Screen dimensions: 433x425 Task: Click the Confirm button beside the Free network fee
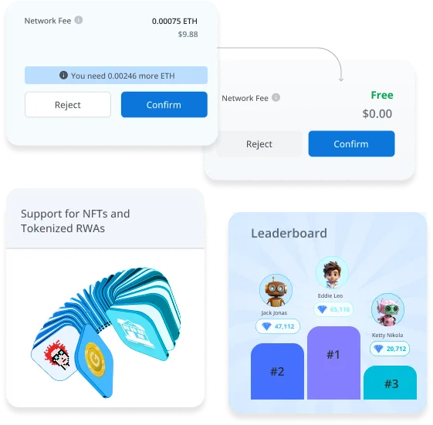pyautogui.click(x=351, y=143)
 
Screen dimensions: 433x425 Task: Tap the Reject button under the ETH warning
pyautogui.click(x=68, y=105)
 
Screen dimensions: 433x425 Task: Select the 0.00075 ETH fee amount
pyautogui.click(x=174, y=22)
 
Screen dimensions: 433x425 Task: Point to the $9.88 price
pyautogui.click(x=188, y=34)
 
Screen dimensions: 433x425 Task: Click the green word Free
pyautogui.click(x=382, y=95)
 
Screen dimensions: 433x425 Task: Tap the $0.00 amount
pyautogui.click(x=377, y=113)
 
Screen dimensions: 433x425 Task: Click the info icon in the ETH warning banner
pyautogui.click(x=63, y=75)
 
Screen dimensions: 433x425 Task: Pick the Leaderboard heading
pyautogui.click(x=289, y=234)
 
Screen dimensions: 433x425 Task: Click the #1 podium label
pyautogui.click(x=333, y=355)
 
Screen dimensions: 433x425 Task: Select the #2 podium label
pyautogui.click(x=277, y=372)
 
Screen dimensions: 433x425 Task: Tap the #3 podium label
pyautogui.click(x=391, y=384)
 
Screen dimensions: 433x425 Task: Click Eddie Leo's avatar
pyautogui.click(x=332, y=272)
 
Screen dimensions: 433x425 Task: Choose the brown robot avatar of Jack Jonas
pyautogui.click(x=276, y=290)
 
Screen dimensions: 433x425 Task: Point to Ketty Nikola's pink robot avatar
pyautogui.click(x=387, y=309)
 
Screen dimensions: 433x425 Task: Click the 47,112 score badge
pyautogui.click(x=278, y=326)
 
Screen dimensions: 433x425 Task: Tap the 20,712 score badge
pyautogui.click(x=390, y=349)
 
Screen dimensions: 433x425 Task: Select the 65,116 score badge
pyautogui.click(x=333, y=309)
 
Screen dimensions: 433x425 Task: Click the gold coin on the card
pyautogui.click(x=95, y=359)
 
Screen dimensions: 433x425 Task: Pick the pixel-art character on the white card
pyautogui.click(x=57, y=355)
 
